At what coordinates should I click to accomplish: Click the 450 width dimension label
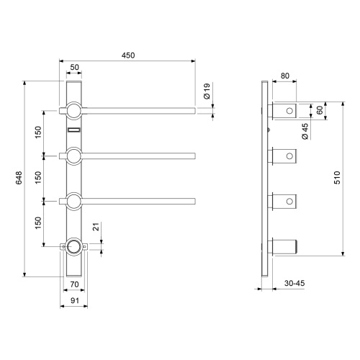coord(128,55)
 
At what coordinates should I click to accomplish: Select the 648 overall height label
coord(19,178)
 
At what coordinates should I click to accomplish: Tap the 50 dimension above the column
coord(74,67)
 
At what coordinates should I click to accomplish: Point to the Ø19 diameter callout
coord(207,91)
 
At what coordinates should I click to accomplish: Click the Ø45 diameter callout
coord(305,131)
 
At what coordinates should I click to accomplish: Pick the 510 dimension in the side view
coord(337,178)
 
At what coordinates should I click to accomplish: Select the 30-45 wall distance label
coord(294,283)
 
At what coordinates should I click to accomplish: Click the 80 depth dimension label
coord(285,76)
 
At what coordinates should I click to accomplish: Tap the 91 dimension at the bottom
coord(75,300)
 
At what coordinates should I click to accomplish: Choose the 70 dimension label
coord(74,284)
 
